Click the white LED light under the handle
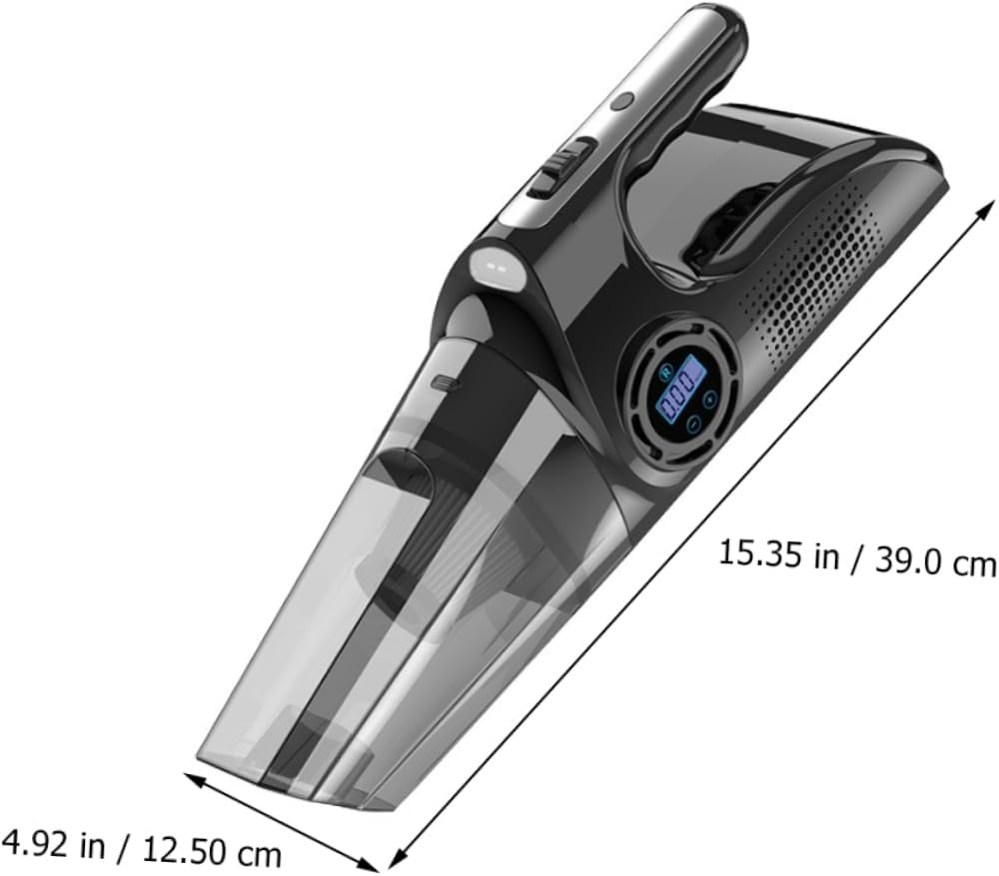coord(494,265)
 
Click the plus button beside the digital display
coord(708,399)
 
